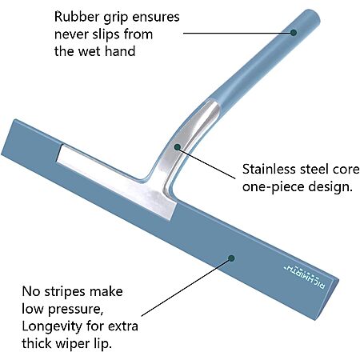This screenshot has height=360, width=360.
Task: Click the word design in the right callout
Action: click(330, 186)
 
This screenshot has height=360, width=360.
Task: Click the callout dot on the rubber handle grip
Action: click(294, 33)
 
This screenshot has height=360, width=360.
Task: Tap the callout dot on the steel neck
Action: click(178, 146)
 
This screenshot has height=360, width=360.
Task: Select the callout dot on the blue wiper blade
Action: click(231, 258)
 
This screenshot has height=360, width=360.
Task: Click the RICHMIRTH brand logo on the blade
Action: click(305, 276)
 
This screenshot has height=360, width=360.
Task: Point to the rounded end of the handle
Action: click(314, 15)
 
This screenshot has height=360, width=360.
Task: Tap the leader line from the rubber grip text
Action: click(238, 34)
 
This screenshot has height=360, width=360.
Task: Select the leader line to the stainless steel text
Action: click(206, 162)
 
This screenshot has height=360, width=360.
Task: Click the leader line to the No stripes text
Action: click(186, 287)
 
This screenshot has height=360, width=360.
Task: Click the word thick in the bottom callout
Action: click(38, 343)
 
